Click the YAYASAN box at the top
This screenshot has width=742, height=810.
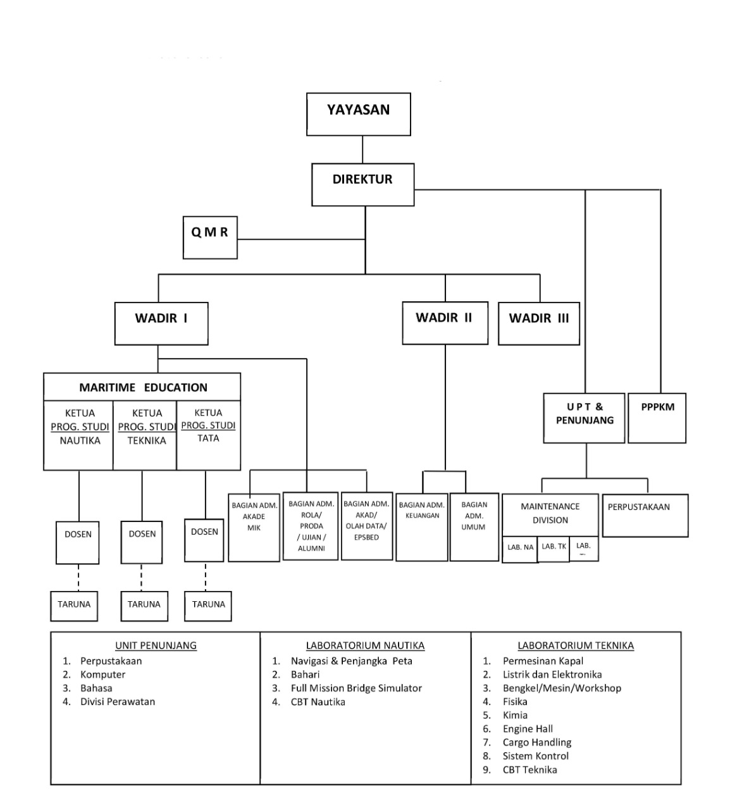359,114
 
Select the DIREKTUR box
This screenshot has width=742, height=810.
362,184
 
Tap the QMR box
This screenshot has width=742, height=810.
210,237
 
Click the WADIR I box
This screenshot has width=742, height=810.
161,323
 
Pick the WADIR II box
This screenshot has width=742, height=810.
445,323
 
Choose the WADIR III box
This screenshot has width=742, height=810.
539,323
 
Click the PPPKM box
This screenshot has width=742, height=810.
657,418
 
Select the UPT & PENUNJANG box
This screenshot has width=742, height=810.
584,418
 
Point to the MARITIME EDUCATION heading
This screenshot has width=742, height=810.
143,387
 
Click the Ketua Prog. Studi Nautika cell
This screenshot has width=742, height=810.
79,435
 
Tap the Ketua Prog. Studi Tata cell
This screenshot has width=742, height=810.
208,435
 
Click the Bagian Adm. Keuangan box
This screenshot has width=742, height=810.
422,526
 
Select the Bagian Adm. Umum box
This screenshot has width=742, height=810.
474,526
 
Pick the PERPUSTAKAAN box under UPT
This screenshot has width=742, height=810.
645,515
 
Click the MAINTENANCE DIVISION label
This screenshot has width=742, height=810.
550,513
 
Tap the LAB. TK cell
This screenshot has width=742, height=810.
554,547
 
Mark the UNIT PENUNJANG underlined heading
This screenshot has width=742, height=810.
156,645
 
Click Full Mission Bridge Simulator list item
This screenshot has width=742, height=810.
356,688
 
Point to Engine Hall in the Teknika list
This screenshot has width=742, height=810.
528,728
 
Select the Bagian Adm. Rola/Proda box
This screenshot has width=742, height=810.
311,526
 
